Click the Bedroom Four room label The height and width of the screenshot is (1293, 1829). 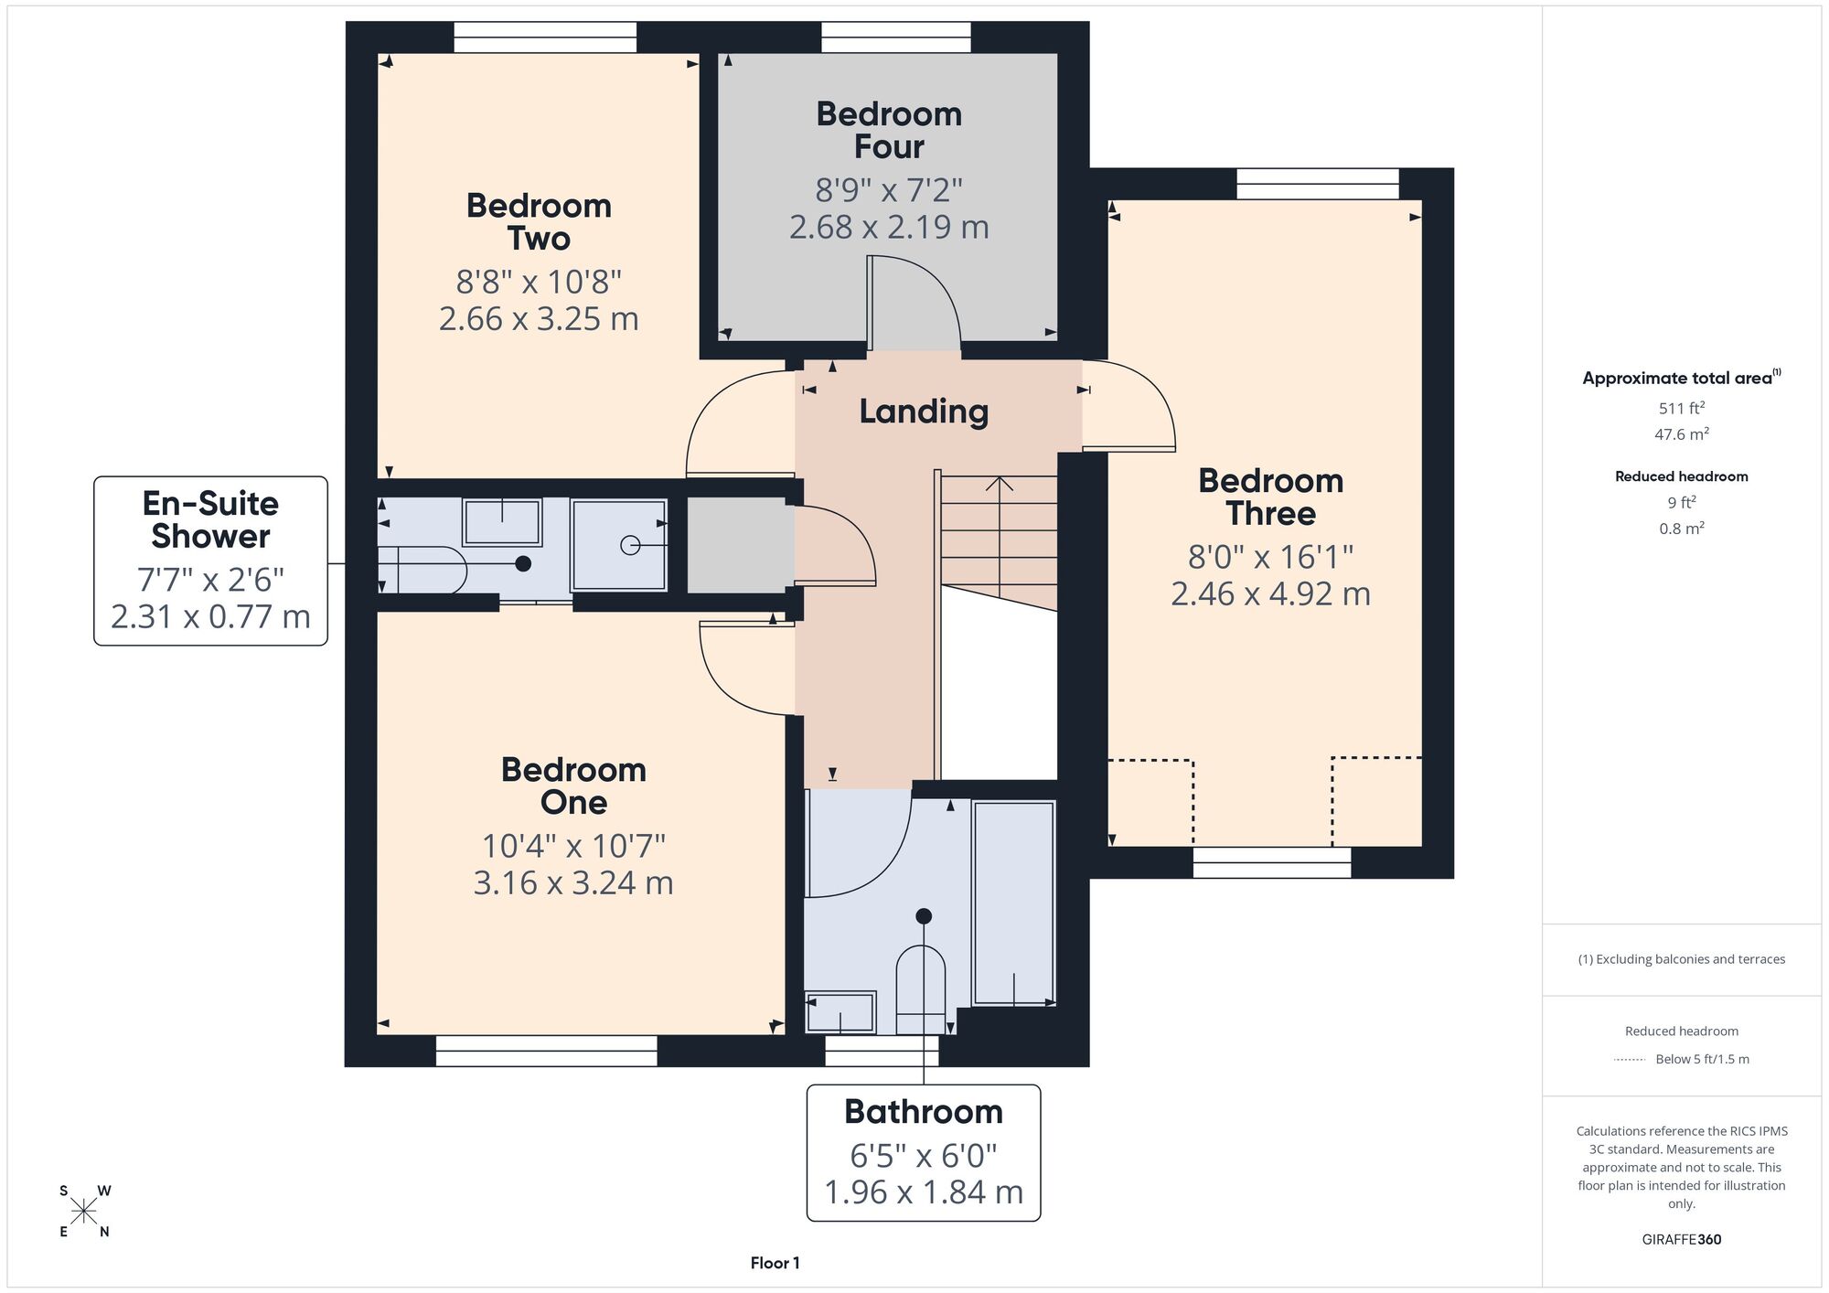coord(889,130)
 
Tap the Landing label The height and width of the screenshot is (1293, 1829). coord(924,411)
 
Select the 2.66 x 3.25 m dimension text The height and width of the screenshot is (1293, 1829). coord(539,318)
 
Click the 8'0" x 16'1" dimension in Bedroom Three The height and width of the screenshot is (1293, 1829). coord(1270,556)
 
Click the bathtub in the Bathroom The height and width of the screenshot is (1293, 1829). coord(1014,903)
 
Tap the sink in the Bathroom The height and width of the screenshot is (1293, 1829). coord(840,1012)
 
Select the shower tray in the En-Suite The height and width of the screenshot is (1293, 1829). coord(619,545)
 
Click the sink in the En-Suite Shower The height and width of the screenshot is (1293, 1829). coord(502,522)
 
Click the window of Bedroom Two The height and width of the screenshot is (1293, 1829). coord(545,37)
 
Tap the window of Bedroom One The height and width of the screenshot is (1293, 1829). coord(546,1051)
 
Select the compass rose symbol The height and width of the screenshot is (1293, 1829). coord(84,1212)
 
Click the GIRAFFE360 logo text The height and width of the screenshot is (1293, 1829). coord(1682,1240)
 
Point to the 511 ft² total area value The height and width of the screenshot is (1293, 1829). coord(1682,408)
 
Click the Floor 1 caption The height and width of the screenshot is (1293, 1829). coord(775,1263)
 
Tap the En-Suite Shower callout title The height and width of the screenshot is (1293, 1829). coord(210,519)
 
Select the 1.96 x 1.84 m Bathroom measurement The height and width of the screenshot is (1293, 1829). coord(924,1192)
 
